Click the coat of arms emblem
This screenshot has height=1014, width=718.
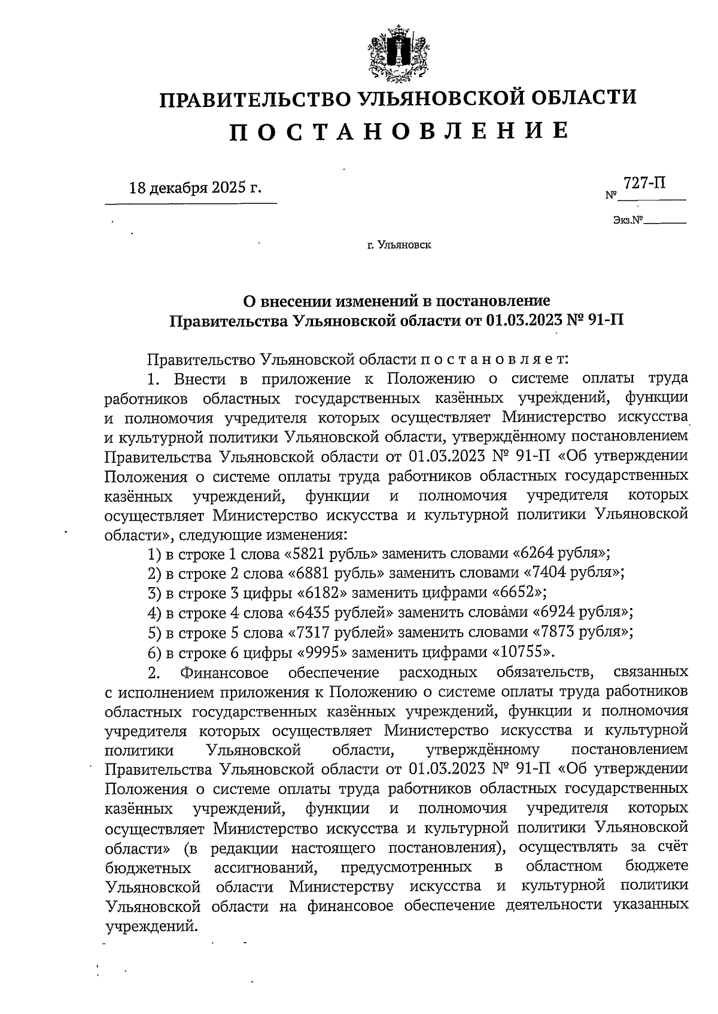pos(394,53)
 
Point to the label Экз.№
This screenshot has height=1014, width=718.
pos(627,221)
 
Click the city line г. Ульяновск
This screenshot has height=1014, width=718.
pos(398,245)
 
